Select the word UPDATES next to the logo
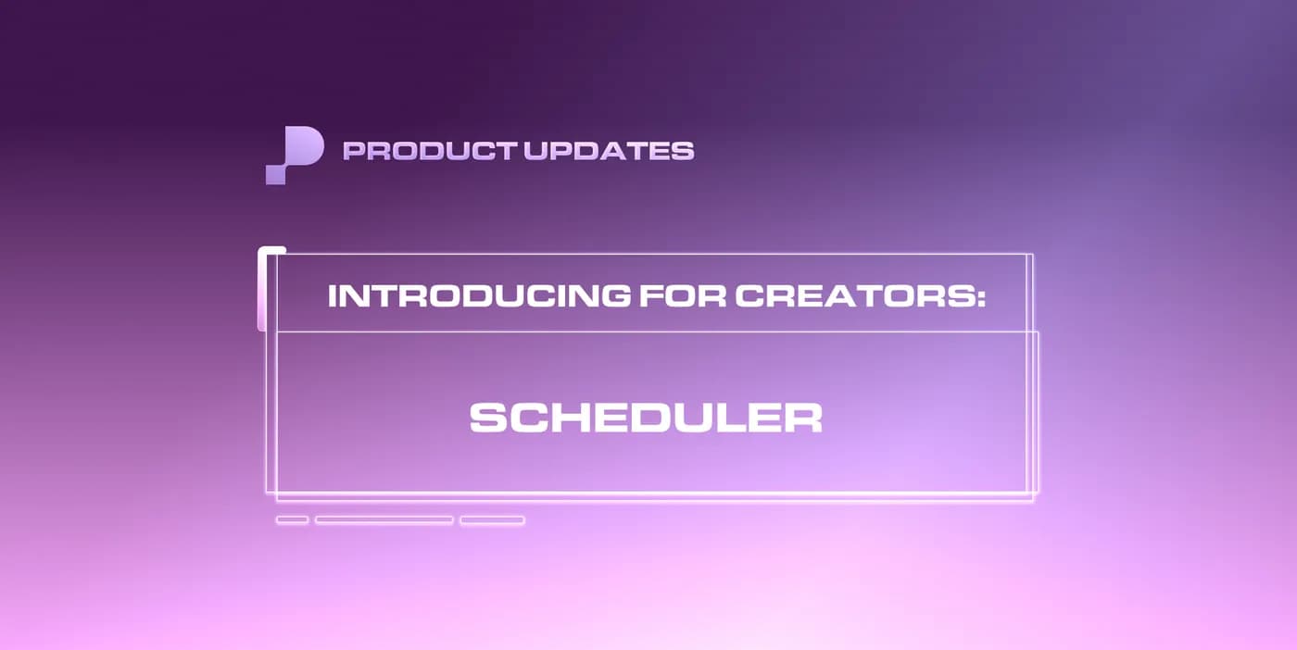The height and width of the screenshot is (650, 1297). tap(610, 151)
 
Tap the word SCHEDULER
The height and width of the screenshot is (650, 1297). tap(646, 418)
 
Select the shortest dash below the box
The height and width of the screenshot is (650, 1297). tap(292, 520)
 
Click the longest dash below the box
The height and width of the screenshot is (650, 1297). tap(384, 520)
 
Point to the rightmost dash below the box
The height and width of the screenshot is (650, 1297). tap(492, 520)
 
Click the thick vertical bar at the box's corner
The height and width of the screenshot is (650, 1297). tap(262, 289)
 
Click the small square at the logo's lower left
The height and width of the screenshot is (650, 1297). tap(275, 174)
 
